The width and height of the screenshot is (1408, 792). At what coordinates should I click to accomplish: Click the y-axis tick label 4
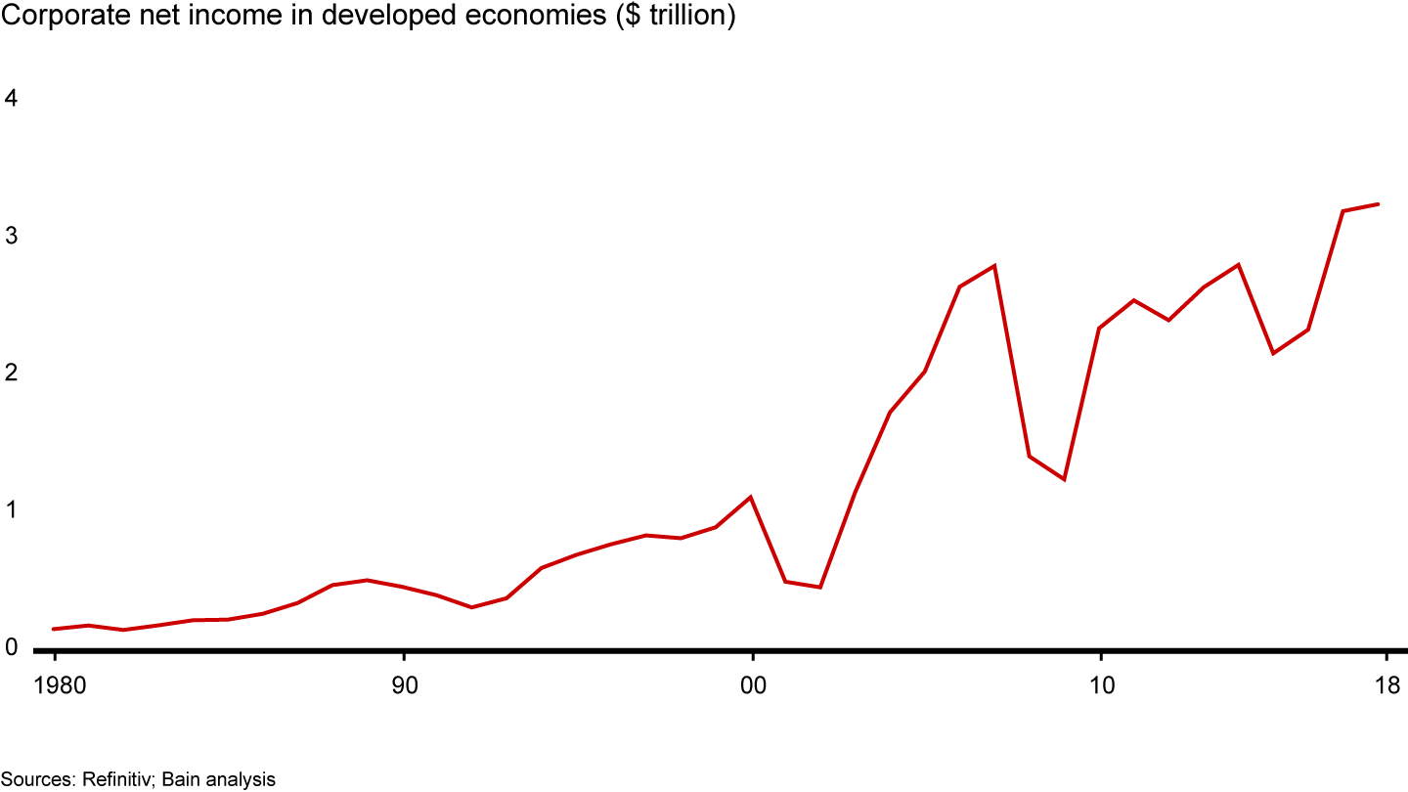click(x=12, y=99)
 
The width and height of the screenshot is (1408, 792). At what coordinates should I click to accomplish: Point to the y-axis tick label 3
click(x=12, y=236)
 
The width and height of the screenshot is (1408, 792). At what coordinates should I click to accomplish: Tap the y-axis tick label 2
click(x=12, y=374)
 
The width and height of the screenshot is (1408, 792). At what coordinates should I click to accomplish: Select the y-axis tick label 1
click(x=12, y=510)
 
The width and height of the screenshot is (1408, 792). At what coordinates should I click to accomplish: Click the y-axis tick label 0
click(x=12, y=647)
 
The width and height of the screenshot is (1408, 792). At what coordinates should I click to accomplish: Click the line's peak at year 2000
click(x=751, y=497)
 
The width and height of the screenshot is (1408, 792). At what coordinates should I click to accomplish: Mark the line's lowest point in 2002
click(x=820, y=587)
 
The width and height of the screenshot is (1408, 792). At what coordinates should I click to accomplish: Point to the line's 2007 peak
click(x=994, y=266)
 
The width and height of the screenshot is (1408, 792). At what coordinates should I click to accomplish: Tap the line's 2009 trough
click(x=1064, y=479)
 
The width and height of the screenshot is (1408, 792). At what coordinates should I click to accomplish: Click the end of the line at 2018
click(x=1379, y=204)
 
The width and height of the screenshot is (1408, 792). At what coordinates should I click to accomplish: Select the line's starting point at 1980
click(x=54, y=629)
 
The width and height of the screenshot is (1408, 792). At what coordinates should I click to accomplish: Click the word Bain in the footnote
click(x=181, y=779)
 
